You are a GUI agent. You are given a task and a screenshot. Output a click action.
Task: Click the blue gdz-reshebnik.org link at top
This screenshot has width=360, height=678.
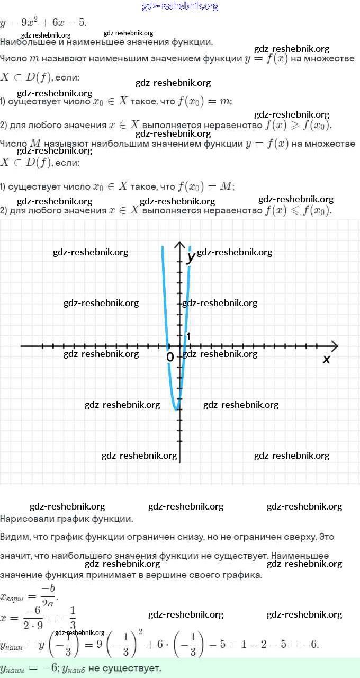click(180, 6)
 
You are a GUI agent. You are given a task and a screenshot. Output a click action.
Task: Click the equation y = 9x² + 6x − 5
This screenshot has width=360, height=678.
click(44, 22)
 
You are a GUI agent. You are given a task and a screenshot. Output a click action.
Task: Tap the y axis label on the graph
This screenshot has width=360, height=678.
click(191, 258)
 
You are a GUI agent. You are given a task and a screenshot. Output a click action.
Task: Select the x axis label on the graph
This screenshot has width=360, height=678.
click(326, 359)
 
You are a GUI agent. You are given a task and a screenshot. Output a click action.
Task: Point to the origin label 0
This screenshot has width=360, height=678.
click(170, 358)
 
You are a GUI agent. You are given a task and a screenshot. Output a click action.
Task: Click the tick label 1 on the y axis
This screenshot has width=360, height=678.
click(188, 336)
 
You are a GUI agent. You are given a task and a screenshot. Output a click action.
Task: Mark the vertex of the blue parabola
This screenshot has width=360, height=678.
click(176, 409)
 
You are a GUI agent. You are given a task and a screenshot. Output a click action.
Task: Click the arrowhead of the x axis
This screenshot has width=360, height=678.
click(334, 346)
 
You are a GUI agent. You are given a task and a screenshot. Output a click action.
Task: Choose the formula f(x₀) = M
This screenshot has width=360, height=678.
click(206, 186)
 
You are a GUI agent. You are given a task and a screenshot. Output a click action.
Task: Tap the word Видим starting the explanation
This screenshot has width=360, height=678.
click(15, 537)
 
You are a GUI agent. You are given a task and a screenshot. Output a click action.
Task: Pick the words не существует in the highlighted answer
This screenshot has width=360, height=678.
click(124, 668)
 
